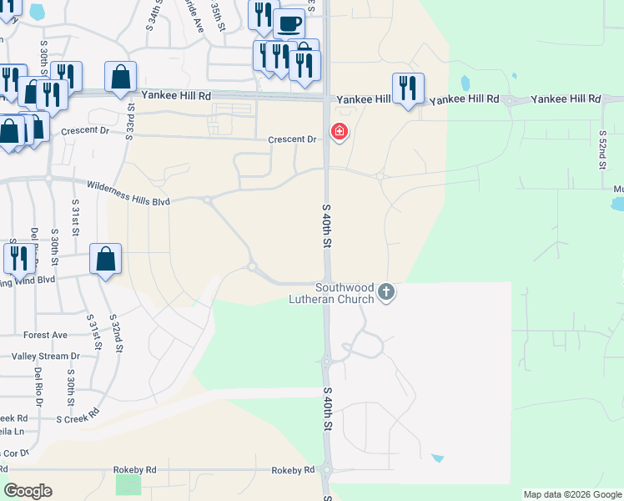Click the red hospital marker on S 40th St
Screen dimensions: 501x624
coord(340,131)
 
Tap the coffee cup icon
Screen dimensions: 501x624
coord(289,23)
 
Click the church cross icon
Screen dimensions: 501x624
coord(385,291)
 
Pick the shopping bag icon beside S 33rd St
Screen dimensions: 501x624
coord(121,77)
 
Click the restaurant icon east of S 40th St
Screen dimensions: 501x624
coord(408,88)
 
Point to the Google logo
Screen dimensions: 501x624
coord(28,491)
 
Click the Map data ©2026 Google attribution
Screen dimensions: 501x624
coord(572,495)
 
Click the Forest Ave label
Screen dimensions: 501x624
coord(46,335)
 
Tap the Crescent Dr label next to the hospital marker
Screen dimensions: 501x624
coord(292,139)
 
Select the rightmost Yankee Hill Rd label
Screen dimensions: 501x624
coord(566,99)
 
